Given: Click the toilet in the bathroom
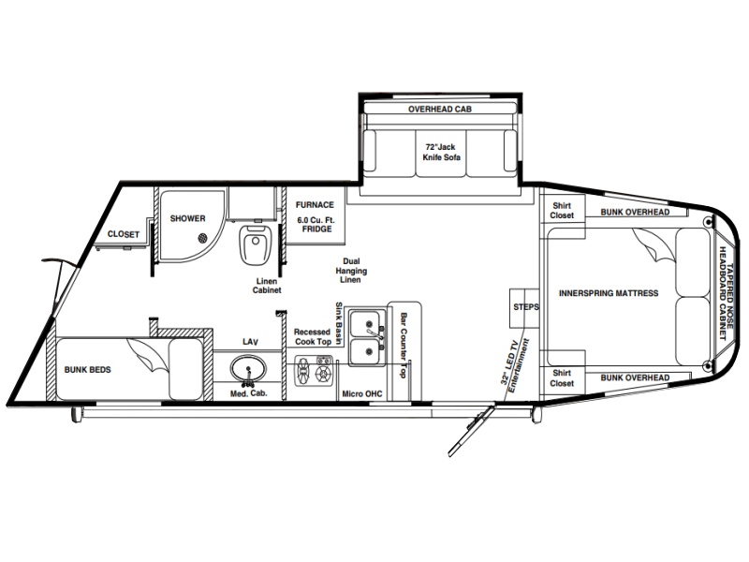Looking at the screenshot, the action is click(255, 244).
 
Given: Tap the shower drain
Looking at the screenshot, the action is click(203, 237).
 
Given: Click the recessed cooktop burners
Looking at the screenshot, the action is click(313, 370).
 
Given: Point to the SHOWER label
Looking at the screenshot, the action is click(188, 218).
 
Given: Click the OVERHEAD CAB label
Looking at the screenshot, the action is click(440, 109).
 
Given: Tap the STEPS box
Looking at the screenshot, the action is click(524, 308).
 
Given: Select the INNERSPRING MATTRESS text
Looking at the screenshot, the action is click(609, 293).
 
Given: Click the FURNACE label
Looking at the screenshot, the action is click(315, 204).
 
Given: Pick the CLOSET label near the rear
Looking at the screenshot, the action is click(124, 234).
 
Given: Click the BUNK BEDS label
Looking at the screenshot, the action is click(87, 369).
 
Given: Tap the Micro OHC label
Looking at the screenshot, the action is click(362, 393).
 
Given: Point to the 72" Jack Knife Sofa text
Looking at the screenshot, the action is click(441, 152).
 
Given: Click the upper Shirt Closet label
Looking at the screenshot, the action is click(562, 210).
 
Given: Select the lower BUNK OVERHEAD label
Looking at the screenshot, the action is click(635, 377).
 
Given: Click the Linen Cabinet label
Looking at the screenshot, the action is click(267, 286).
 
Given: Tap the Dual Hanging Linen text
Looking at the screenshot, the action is click(351, 271).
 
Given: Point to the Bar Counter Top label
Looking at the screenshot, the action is click(404, 345).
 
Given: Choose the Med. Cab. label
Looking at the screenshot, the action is click(249, 393).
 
